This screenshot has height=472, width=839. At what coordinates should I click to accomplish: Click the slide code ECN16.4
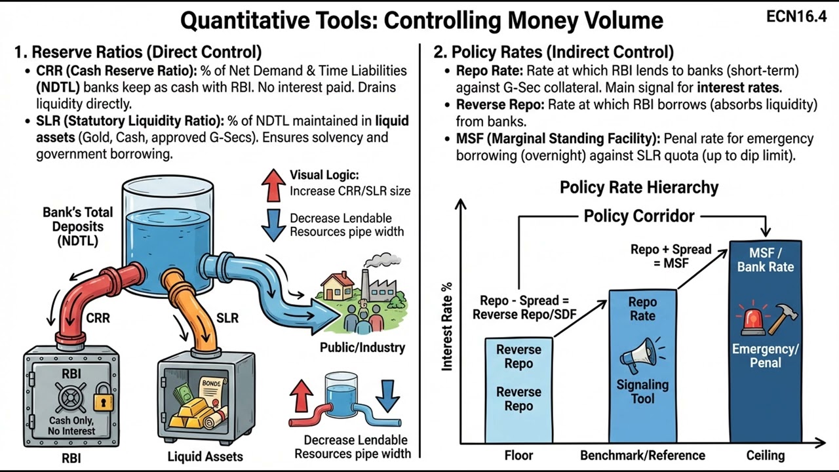(796, 17)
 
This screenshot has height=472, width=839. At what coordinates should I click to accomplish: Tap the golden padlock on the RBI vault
(101, 398)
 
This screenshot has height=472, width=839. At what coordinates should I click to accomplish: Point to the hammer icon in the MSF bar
(782, 319)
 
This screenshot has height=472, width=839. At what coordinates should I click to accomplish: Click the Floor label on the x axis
(518, 455)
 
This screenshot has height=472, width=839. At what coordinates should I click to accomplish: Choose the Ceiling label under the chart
(765, 455)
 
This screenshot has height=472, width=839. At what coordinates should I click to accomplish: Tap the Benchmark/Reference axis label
(642, 455)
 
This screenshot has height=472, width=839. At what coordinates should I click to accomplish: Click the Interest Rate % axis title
(448, 328)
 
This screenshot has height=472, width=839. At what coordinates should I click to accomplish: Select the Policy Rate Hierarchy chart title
(638, 187)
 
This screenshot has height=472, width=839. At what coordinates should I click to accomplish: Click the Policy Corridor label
(639, 216)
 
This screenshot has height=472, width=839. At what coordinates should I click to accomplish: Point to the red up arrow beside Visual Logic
(273, 184)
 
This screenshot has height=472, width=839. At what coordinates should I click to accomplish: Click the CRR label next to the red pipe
(98, 318)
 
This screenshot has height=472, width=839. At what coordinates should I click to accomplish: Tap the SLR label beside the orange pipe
(227, 318)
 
